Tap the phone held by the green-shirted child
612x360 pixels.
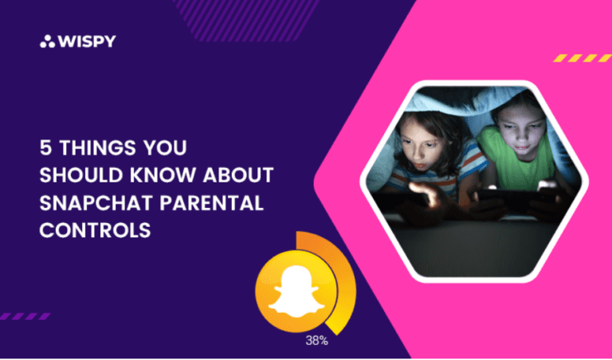click(510, 194)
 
